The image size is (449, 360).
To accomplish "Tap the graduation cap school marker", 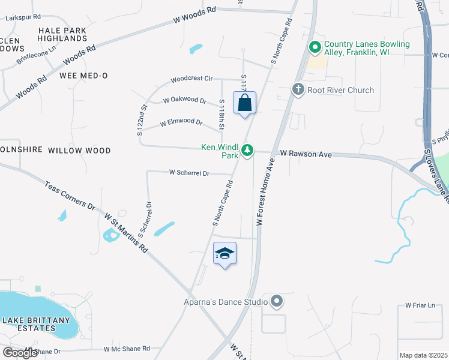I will [x=224, y=254].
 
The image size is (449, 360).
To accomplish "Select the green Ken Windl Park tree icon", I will [x=247, y=151].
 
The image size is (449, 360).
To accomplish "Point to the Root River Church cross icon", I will [x=298, y=90].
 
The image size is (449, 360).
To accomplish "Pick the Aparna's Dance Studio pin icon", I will [x=277, y=301].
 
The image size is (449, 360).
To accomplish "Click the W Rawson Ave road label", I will [x=305, y=155].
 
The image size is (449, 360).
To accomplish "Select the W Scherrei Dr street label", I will [x=188, y=173].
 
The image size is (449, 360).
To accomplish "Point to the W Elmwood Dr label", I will [x=181, y=123].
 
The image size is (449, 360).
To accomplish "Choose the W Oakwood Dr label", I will [x=184, y=101].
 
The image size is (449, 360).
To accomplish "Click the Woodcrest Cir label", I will [x=191, y=79].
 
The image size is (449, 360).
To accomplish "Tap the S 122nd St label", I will [x=142, y=121].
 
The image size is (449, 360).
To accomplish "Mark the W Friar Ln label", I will [x=420, y=305].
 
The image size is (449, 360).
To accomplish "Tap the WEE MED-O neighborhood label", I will [x=83, y=76].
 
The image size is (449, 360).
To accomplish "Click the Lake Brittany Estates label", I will [x=36, y=325].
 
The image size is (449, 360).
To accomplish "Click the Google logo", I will [x=20, y=353].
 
